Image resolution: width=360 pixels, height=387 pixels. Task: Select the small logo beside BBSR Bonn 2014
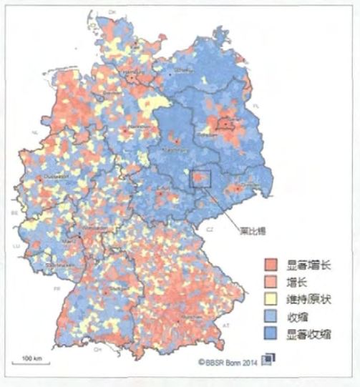point(268,360)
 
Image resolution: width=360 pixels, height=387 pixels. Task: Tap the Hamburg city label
point(132,72)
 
